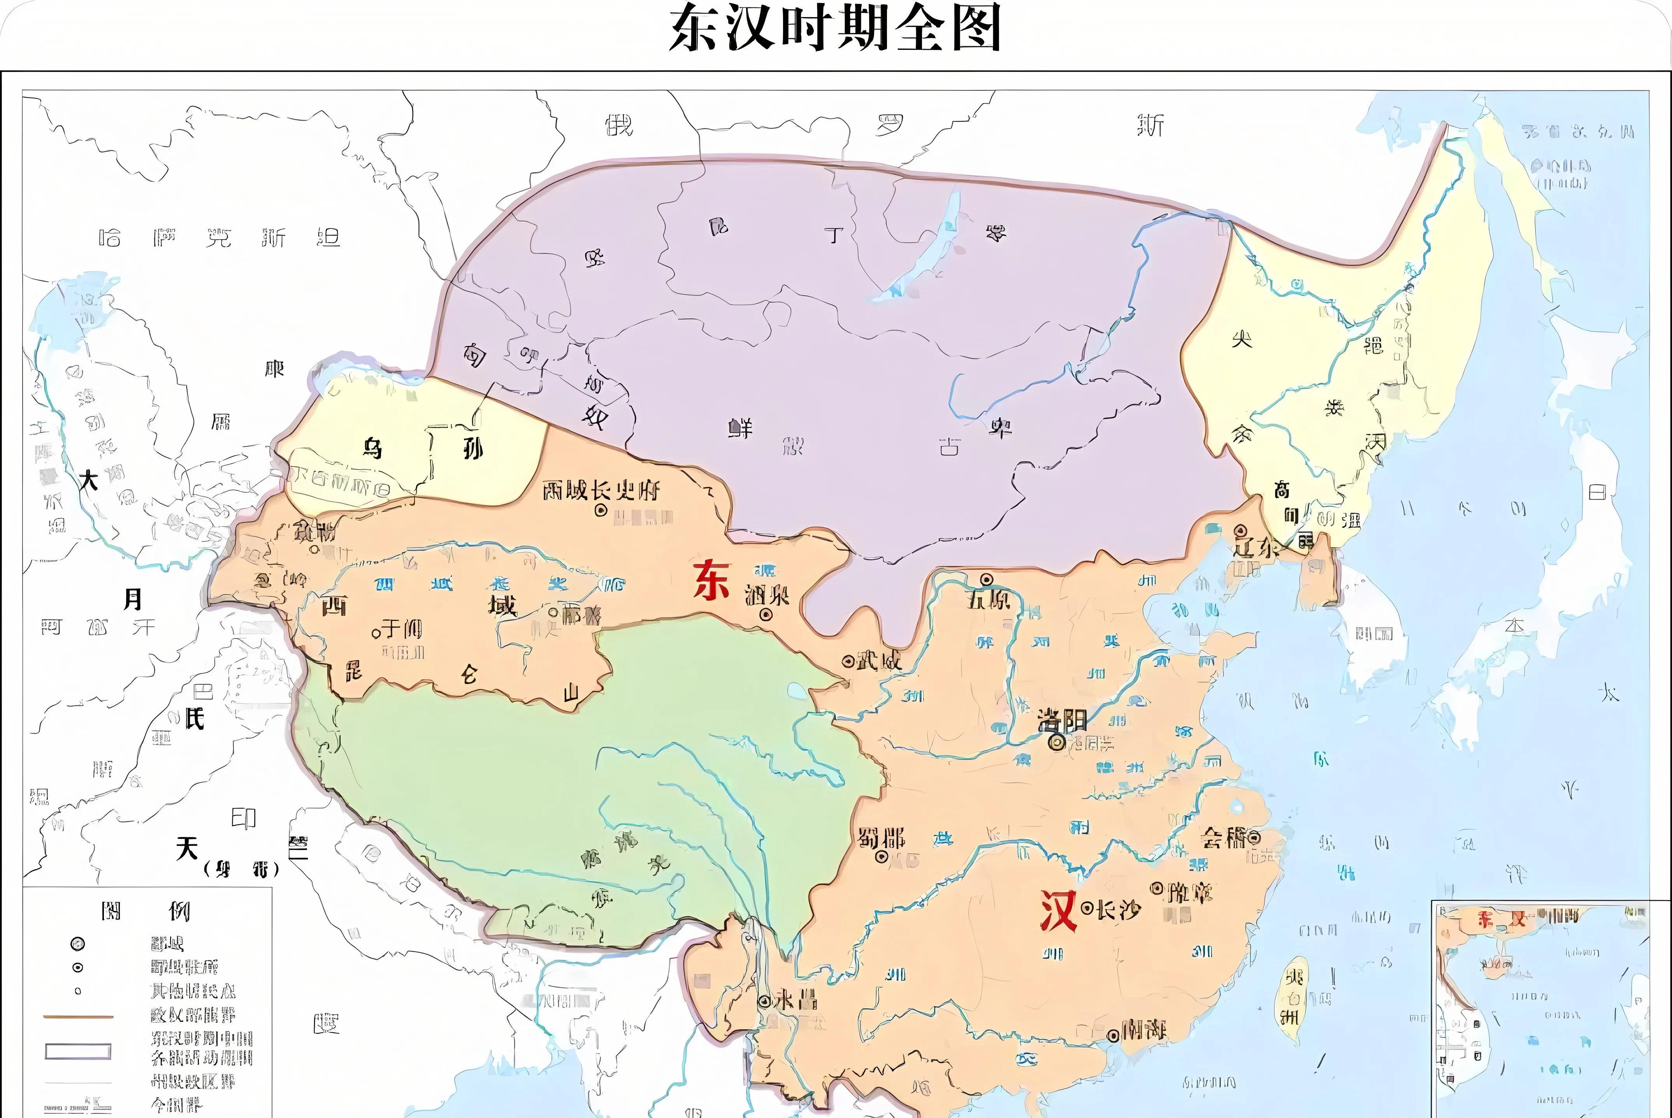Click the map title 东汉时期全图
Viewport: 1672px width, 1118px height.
(x=835, y=28)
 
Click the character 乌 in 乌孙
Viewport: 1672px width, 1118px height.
(x=372, y=448)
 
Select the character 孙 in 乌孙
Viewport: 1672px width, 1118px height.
(x=472, y=448)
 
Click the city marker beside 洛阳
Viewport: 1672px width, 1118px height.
(x=1057, y=742)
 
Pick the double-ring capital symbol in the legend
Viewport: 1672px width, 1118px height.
(x=78, y=944)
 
